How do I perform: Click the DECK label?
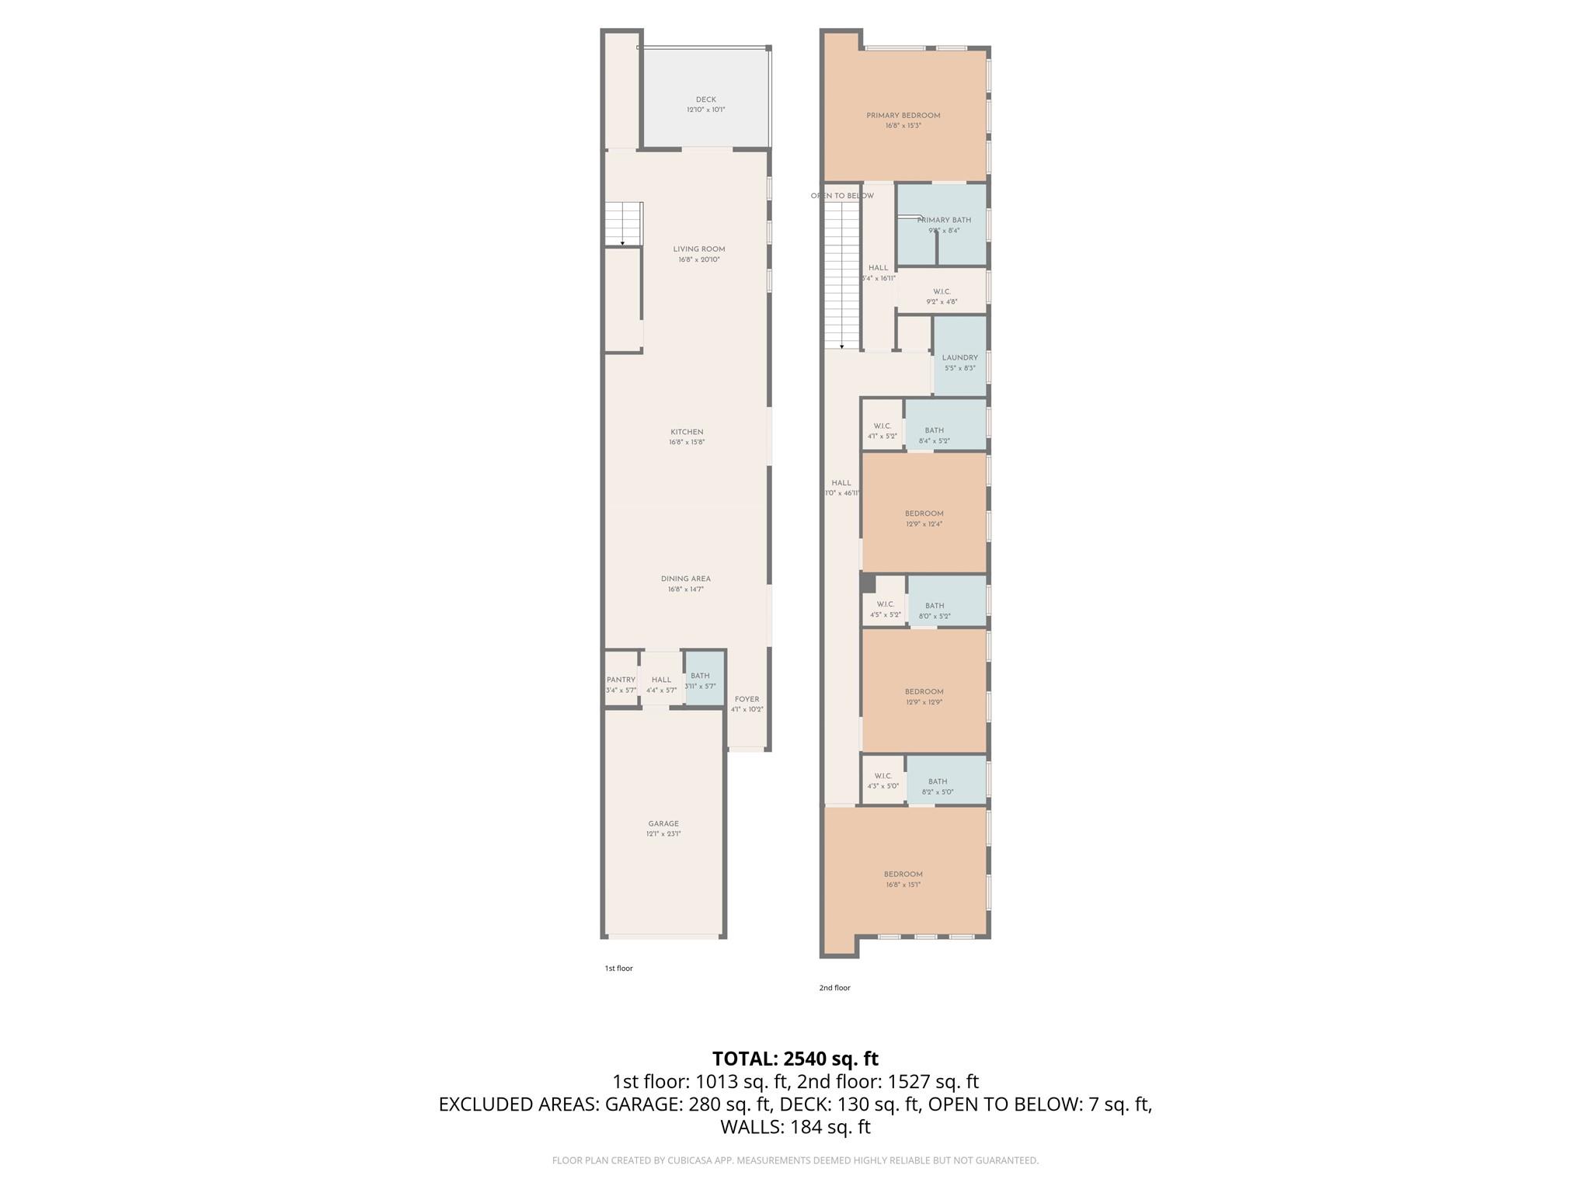pyautogui.click(x=705, y=100)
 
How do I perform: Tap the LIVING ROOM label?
pyautogui.click(x=698, y=249)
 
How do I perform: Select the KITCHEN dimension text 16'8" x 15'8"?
pyautogui.click(x=687, y=443)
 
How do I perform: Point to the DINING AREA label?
pyautogui.click(x=685, y=579)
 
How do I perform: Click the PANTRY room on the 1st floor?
pyautogui.click(x=621, y=683)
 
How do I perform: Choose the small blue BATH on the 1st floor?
pyautogui.click(x=704, y=680)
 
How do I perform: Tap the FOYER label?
pyautogui.click(x=747, y=699)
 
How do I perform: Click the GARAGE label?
pyautogui.click(x=663, y=823)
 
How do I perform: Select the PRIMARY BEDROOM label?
pyautogui.click(x=903, y=116)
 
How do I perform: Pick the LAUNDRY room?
pyautogui.click(x=959, y=361)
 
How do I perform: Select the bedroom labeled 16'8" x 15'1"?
pyautogui.click(x=903, y=878)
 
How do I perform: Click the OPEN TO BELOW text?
pyautogui.click(x=842, y=196)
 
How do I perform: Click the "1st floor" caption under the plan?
pyautogui.click(x=618, y=969)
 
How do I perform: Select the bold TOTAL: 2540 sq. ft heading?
pyautogui.click(x=795, y=1059)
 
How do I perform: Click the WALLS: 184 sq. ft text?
pyautogui.click(x=795, y=1127)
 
